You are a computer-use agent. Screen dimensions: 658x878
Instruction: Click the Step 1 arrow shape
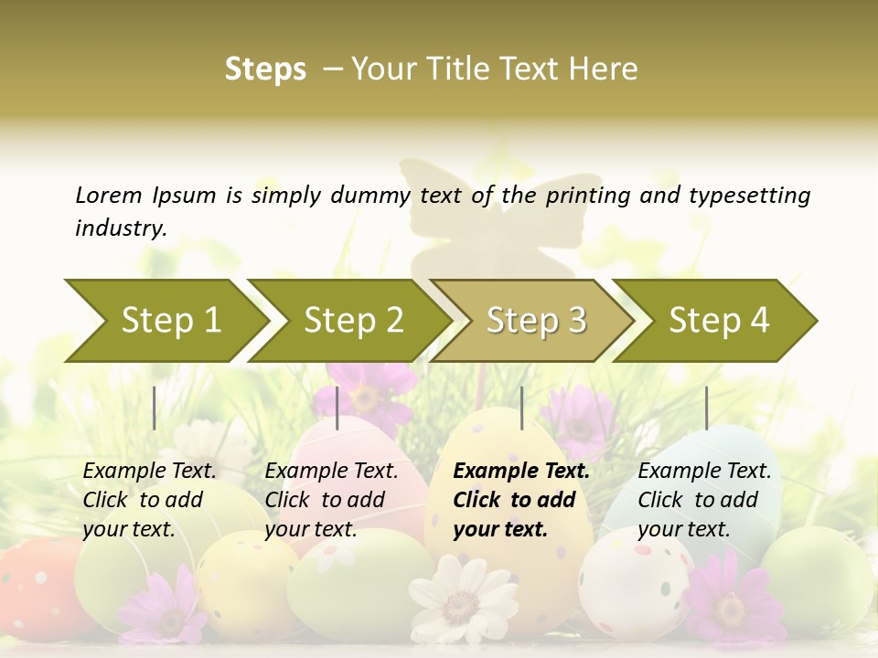tap(165, 321)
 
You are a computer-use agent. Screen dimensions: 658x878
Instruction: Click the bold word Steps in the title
tap(265, 69)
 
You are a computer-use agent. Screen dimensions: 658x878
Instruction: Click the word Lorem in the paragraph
tap(108, 195)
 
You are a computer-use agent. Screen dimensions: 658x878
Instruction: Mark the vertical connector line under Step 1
tap(155, 408)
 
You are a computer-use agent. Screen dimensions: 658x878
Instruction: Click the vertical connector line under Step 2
tap(337, 408)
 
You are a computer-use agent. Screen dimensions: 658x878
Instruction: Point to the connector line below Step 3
tap(521, 408)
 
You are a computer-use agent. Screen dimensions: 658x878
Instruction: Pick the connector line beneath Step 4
tap(706, 408)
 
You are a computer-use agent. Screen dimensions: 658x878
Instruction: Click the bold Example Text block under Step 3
tap(521, 500)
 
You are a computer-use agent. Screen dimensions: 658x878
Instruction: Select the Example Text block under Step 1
tap(149, 500)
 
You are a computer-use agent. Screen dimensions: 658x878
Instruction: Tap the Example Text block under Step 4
tap(704, 500)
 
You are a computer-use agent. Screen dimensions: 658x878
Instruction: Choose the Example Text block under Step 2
tap(331, 500)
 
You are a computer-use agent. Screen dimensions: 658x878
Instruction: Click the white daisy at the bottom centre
tap(462, 599)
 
